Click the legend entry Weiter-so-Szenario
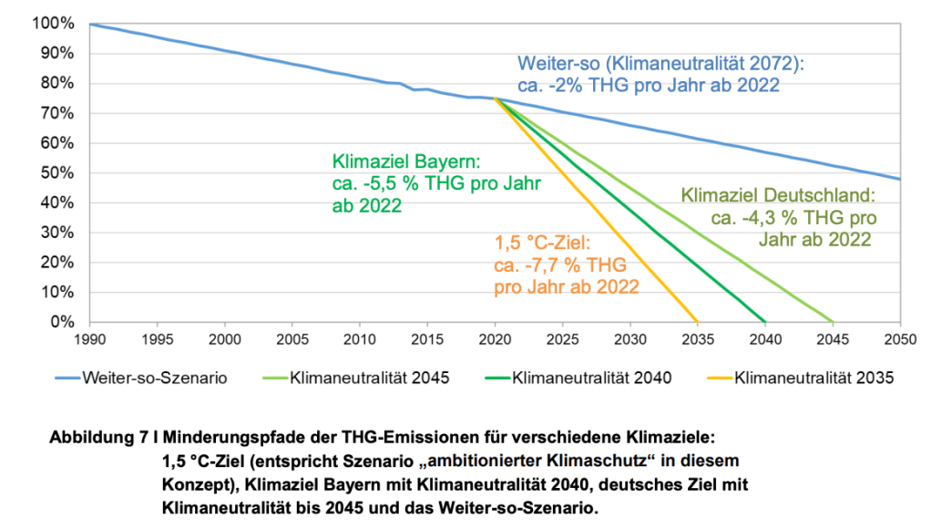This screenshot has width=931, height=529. [146, 377]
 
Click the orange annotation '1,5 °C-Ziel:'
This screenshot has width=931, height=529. [543, 244]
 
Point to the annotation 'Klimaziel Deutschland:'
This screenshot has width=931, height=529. [778, 195]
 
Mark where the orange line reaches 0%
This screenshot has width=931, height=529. [697, 322]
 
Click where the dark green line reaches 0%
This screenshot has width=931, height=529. [764, 322]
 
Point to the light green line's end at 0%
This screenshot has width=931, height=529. [832, 322]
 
